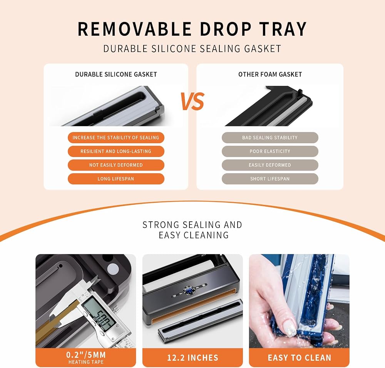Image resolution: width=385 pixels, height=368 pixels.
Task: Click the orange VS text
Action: (192, 101)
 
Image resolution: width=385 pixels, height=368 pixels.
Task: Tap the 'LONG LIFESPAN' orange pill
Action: (116, 179)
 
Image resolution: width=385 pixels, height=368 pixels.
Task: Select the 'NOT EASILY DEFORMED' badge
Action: (116, 165)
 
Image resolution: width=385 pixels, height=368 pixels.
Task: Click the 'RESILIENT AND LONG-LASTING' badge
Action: (116, 151)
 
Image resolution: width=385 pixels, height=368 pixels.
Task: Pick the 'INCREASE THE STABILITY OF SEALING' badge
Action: (116, 137)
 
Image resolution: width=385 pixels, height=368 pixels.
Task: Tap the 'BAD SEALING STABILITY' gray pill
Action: (270, 137)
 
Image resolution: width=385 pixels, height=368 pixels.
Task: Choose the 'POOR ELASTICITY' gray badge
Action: (270, 151)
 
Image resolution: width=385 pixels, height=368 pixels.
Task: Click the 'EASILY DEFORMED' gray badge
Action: (270, 165)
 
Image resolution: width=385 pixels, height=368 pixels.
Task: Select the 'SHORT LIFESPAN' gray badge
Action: (270, 179)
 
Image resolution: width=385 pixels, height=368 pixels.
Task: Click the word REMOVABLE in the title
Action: (134, 29)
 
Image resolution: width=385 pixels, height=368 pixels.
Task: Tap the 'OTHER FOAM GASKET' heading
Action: (270, 74)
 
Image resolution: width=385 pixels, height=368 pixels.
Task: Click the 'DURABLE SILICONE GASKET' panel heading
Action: (116, 74)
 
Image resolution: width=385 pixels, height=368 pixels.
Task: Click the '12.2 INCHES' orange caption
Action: (192, 358)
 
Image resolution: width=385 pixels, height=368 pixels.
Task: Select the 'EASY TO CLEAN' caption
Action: (299, 358)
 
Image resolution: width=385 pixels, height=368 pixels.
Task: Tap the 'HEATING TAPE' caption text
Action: (86, 362)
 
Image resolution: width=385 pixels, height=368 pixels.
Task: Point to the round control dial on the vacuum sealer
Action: (189, 290)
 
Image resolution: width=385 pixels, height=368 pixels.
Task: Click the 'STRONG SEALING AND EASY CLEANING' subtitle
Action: (192, 230)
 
